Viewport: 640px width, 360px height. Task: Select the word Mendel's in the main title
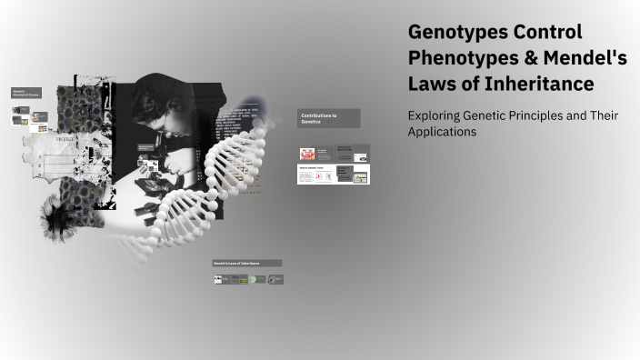[581, 58]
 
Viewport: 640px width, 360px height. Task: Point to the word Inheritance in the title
[537, 84]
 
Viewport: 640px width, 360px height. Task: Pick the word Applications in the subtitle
[442, 131]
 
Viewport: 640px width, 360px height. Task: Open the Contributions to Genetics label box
[328, 118]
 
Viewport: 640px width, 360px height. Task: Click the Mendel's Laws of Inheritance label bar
[246, 264]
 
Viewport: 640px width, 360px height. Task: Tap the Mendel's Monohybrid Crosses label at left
[25, 94]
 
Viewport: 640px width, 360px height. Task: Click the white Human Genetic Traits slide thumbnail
[315, 174]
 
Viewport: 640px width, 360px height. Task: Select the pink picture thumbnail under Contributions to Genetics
[307, 153]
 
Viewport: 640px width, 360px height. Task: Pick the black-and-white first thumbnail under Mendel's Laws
[217, 279]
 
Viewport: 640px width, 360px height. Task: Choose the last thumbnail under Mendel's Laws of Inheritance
[276, 279]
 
